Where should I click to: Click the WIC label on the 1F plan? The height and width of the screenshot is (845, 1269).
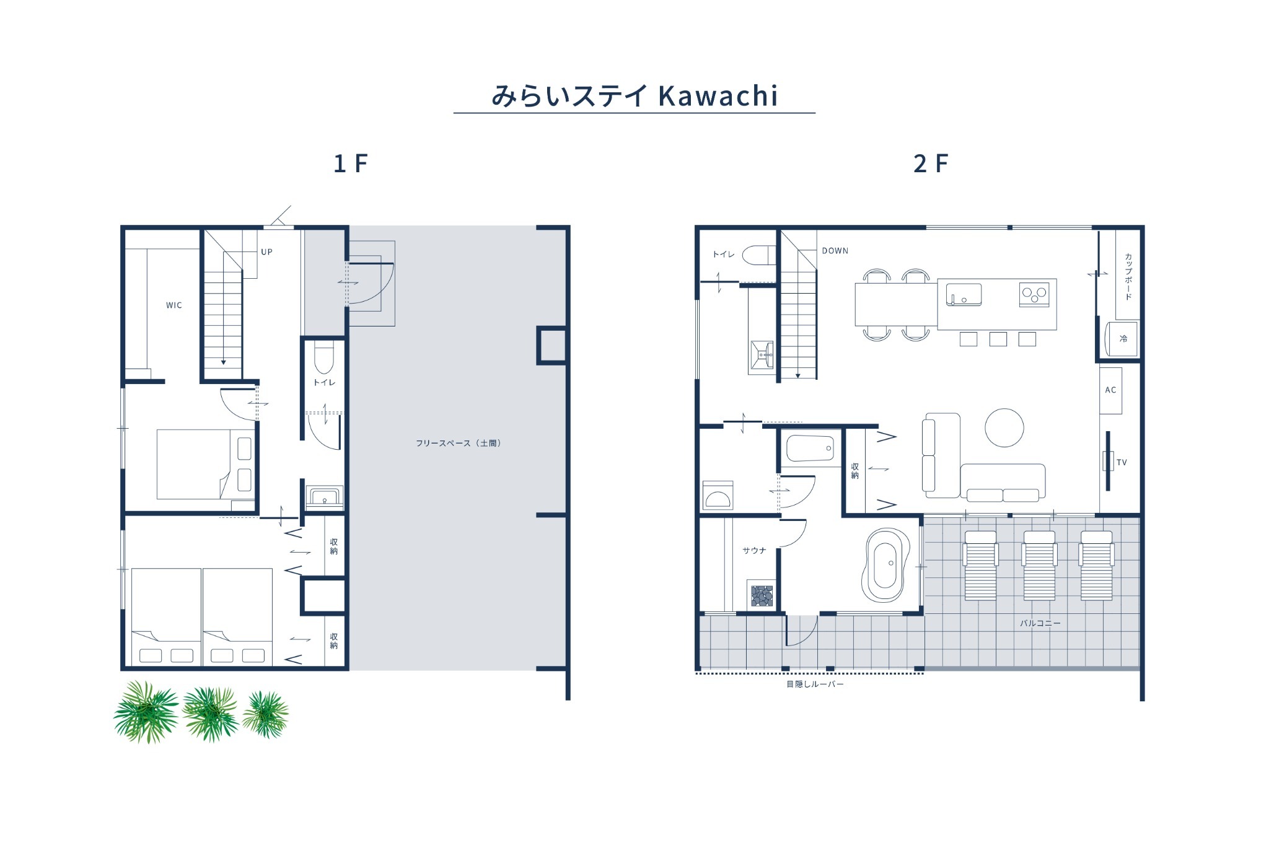pos(174,305)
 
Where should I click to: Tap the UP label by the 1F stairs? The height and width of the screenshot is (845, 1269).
pos(266,252)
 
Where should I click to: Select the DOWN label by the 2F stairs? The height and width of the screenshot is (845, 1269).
pos(835,251)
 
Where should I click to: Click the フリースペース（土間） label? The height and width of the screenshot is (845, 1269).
pos(459,444)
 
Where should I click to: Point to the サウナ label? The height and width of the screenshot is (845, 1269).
pos(754,551)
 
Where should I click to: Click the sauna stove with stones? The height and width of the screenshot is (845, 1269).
pos(762,596)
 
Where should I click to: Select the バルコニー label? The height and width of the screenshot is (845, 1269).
pos(1040,623)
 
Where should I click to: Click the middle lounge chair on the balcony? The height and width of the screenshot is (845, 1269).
pos(1039,566)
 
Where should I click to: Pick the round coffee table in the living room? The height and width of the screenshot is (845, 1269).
pos(1004,427)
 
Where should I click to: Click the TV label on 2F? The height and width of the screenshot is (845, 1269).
pos(1122,463)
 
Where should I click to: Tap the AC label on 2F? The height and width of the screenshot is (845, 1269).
pos(1110,390)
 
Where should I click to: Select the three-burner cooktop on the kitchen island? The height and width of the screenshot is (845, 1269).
pos(1034,294)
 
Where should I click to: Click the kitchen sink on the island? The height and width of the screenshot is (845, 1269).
pos(964,295)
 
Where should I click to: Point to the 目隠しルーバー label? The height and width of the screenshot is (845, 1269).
pos(815,685)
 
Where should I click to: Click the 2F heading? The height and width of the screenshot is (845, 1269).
pos(930,164)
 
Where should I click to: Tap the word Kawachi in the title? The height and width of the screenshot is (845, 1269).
pos(718,96)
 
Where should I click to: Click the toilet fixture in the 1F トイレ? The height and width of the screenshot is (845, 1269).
pos(323,357)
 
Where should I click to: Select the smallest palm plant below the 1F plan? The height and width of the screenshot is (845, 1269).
pos(266,715)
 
